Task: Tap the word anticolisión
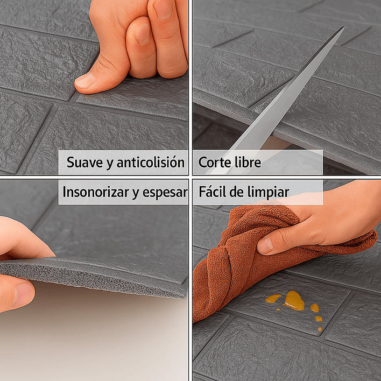(150, 163)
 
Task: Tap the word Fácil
(212, 192)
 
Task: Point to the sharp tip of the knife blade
(343, 27)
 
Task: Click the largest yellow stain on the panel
(294, 300)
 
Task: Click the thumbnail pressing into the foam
(84, 81)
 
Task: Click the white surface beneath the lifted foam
(97, 339)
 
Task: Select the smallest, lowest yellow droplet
(319, 328)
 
